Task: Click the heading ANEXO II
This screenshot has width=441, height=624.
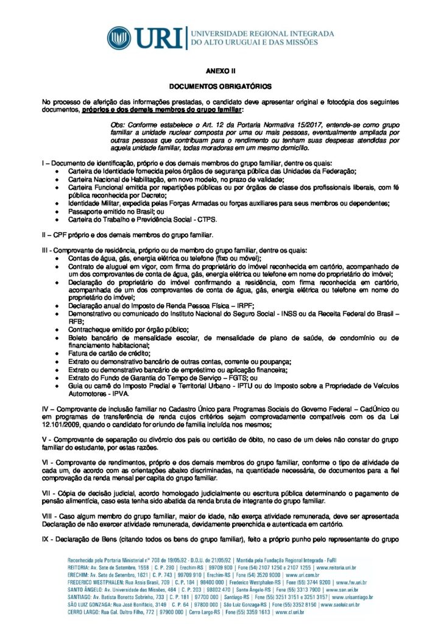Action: (220, 71)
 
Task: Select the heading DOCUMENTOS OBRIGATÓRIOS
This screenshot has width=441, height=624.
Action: (220, 87)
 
